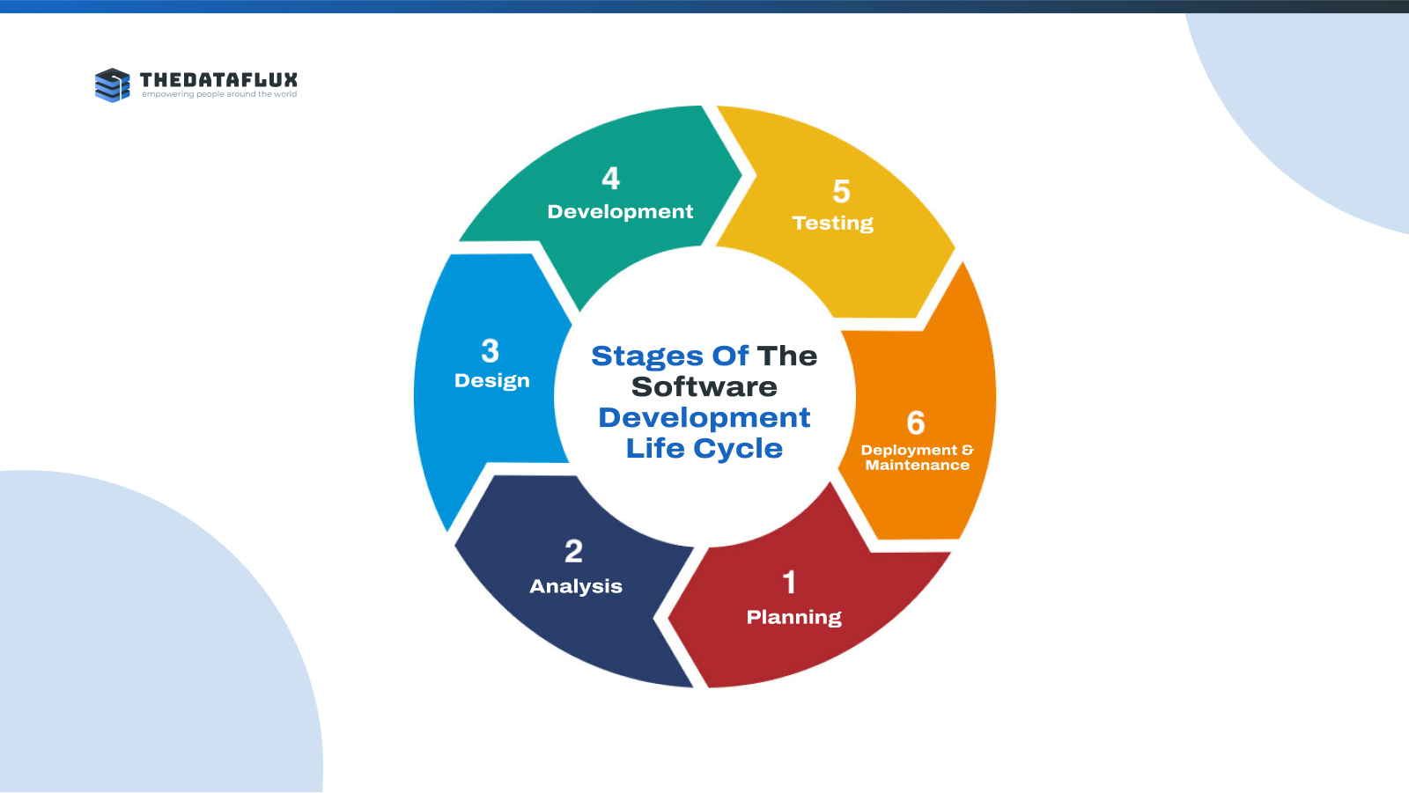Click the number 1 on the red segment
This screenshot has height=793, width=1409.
(789, 583)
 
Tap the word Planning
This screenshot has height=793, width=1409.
(793, 618)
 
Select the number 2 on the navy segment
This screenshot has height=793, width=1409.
(573, 552)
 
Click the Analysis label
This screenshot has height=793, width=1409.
(576, 586)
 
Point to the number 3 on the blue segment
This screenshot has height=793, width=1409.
(490, 351)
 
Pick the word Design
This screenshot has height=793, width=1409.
(492, 380)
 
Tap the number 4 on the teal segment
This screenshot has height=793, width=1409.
(611, 178)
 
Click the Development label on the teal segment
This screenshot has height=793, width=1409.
(620, 212)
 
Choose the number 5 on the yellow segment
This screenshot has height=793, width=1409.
(842, 191)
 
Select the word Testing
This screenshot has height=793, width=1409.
(833, 224)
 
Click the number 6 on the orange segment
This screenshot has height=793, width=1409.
(916, 422)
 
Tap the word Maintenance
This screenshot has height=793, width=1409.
(917, 466)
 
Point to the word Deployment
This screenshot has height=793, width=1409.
(909, 451)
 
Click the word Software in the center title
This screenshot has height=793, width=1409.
(704, 386)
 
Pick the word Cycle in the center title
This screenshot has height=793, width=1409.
(738, 449)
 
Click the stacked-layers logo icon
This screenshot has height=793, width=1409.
(113, 84)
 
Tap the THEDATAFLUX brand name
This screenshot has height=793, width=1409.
(218, 80)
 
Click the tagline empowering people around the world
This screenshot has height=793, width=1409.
(219, 94)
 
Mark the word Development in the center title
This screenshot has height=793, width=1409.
(704, 418)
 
